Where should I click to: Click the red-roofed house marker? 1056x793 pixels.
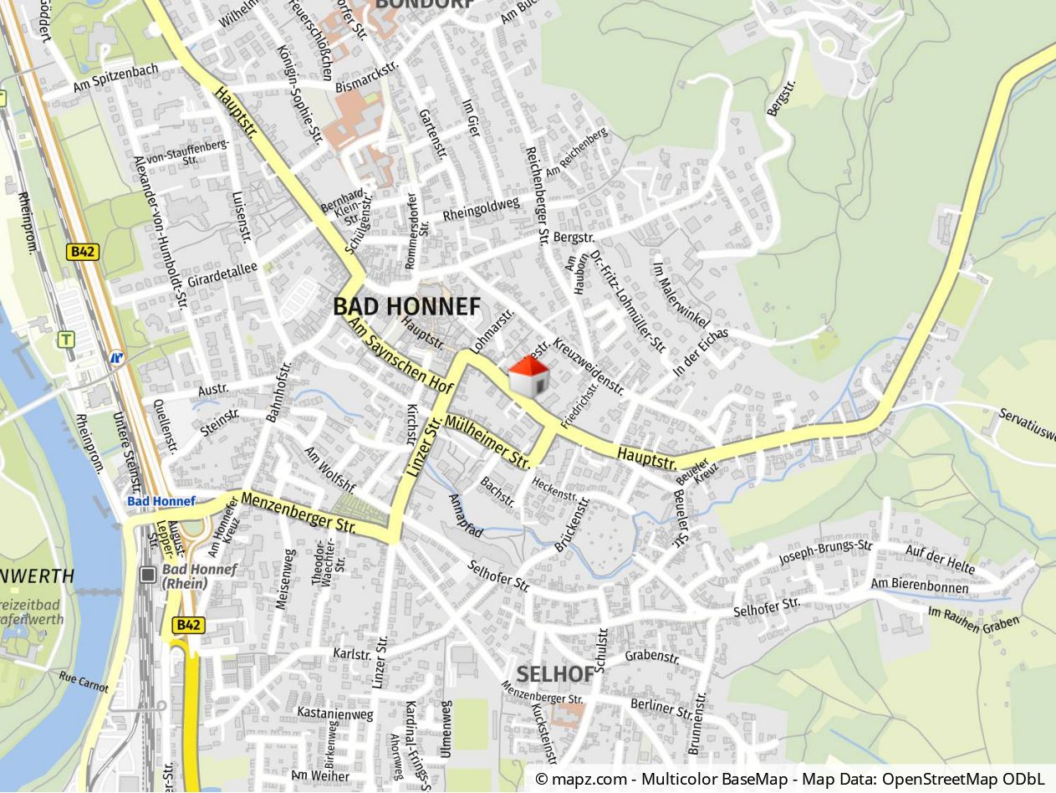coord(528,376)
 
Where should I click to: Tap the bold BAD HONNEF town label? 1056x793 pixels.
coord(407,306)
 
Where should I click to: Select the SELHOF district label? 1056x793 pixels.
coord(554,673)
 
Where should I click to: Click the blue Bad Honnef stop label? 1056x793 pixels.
coord(161,501)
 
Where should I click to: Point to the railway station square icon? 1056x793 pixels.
coord(148,575)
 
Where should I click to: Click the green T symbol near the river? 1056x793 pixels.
coord(66,340)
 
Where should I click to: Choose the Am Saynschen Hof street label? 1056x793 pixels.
coord(400,356)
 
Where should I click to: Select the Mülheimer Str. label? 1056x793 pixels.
coord(488,442)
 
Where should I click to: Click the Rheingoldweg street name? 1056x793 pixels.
coord(481,209)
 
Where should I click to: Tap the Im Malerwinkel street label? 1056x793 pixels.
coord(681,295)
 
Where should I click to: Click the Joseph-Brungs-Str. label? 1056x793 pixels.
coord(825,552)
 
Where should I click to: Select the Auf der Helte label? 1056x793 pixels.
coord(940,560)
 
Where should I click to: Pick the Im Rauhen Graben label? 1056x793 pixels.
coord(973,620)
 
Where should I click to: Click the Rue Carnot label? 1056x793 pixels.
coord(84,682)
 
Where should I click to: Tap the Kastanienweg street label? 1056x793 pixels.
coord(334,714)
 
